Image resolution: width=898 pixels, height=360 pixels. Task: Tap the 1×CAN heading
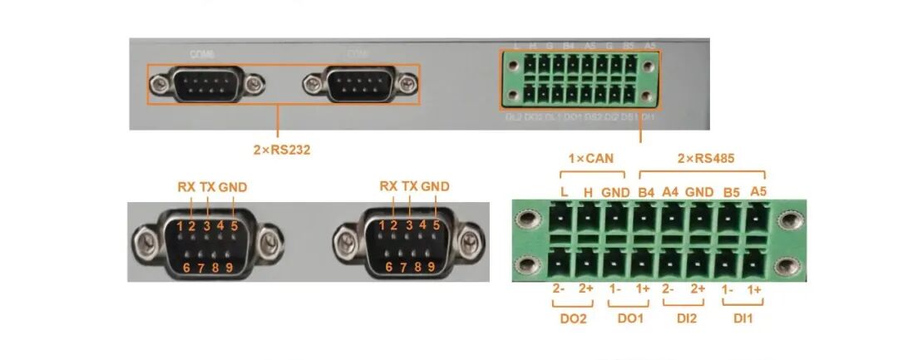click(x=591, y=157)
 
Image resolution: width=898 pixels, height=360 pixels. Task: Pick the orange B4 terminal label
click(x=644, y=191)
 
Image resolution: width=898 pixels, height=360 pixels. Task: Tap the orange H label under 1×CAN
click(x=588, y=191)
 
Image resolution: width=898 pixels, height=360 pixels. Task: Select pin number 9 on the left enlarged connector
click(x=229, y=267)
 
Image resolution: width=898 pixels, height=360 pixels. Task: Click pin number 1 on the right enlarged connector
click(x=382, y=224)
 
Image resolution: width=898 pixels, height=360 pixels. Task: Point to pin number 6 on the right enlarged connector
click(x=389, y=267)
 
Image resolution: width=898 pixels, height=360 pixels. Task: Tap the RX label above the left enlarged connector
click(x=186, y=186)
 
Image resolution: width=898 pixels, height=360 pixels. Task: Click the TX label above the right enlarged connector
click(x=410, y=186)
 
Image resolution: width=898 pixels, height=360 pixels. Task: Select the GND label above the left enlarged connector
click(x=233, y=186)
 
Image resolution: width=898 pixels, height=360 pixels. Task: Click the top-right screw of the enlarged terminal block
click(x=786, y=221)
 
